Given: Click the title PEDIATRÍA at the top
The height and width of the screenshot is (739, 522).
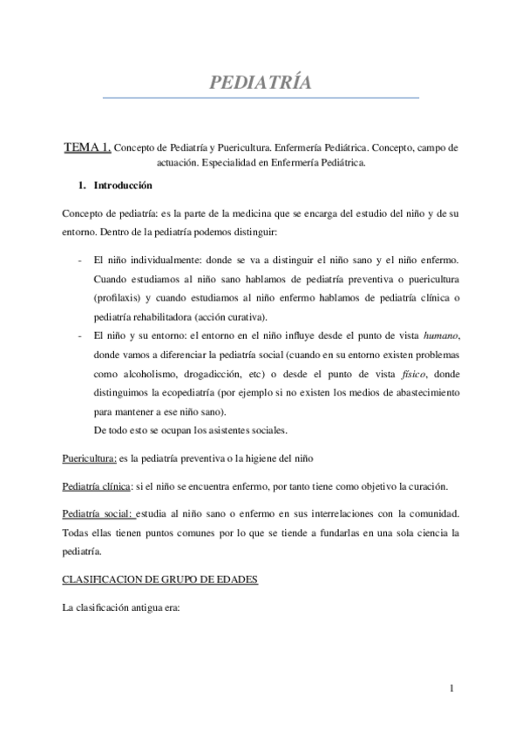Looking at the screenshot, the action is (261, 83).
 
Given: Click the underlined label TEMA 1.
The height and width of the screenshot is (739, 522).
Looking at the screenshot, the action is (87, 148).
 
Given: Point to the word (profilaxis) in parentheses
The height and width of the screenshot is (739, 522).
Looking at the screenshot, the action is (121, 297).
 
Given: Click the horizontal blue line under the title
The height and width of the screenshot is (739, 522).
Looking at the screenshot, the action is (261, 98).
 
